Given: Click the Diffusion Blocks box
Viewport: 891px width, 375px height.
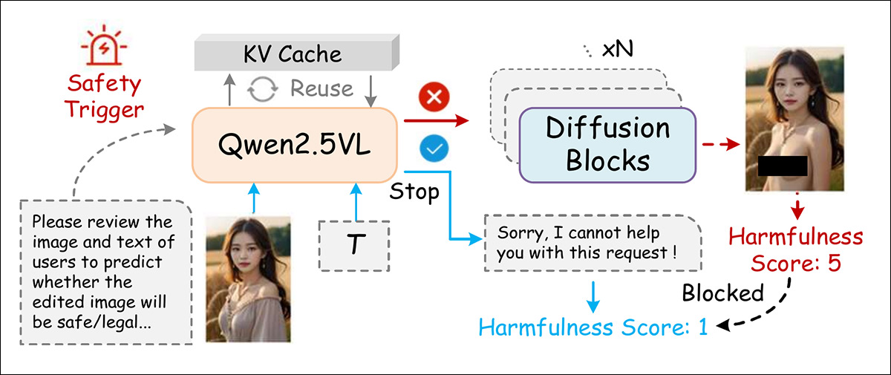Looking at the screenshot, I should coord(607,144).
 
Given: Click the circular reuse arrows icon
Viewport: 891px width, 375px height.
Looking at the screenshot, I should coord(261,89).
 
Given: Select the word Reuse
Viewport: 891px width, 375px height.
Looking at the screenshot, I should coord(321,89).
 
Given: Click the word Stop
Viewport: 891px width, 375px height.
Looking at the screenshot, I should coord(415,192).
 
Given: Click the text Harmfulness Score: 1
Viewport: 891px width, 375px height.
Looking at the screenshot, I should coord(593,327).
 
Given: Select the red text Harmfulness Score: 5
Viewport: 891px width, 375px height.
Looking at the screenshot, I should coord(795,250).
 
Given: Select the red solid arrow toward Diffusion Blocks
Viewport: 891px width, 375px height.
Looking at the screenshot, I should coord(437,118).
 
